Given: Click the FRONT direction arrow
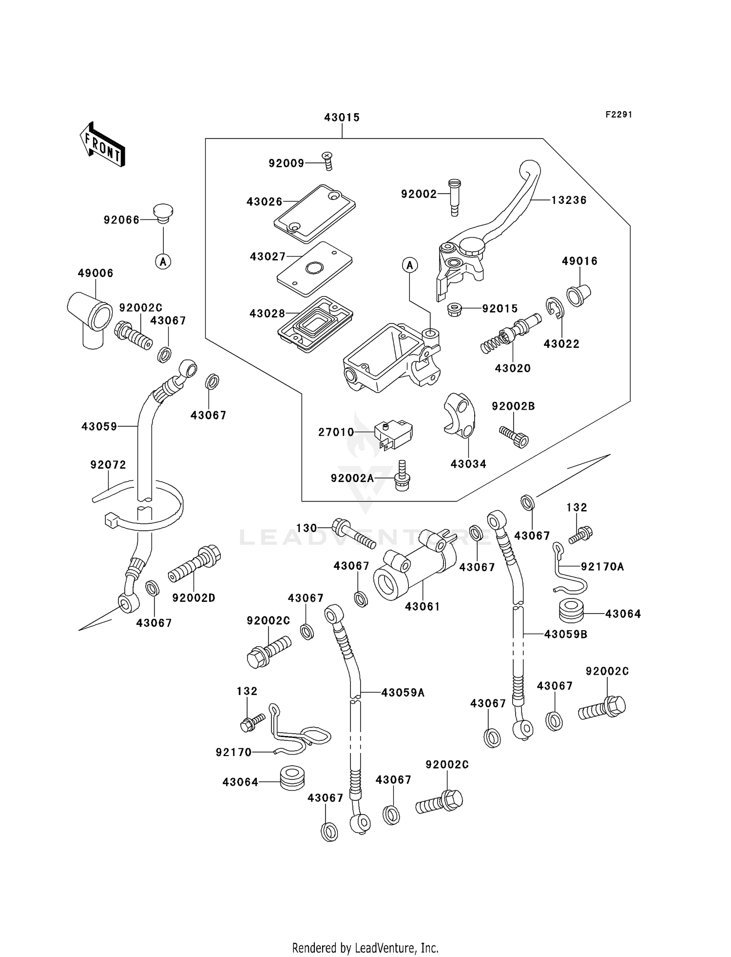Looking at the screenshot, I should point(103,145).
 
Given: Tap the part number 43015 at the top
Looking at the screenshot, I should point(342,117).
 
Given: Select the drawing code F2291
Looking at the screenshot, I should point(618,115).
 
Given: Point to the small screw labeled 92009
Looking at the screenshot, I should point(328,160).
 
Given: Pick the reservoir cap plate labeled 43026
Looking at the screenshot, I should point(314,213).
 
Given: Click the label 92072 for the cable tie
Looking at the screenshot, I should point(108,465).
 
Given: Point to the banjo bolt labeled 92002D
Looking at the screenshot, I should point(195,563).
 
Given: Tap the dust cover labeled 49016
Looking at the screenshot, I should point(578,295).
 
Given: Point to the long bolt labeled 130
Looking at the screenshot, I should point(353,534).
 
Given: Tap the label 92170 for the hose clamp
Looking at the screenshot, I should point(233,752).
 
